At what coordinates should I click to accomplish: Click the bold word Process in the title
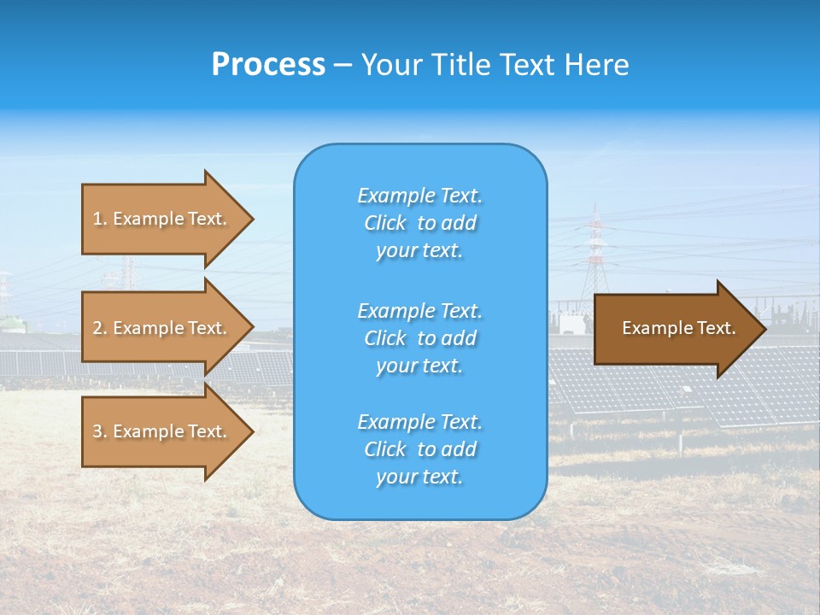point(268,65)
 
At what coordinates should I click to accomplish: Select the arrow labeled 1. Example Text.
point(162,219)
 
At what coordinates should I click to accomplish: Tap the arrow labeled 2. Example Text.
point(162,328)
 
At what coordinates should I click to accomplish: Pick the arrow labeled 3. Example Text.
point(162,431)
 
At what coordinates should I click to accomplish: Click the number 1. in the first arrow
point(100,219)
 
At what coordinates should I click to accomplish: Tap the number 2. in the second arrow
point(100,328)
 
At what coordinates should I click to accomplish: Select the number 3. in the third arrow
point(100,431)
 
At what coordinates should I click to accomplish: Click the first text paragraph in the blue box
point(419,223)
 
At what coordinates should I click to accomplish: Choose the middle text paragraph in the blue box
point(419,338)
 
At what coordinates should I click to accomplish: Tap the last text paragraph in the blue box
point(419,449)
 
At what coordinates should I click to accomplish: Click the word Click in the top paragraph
point(385,223)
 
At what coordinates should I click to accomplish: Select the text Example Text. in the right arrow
point(678,328)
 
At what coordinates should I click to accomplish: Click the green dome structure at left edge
point(8,323)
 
